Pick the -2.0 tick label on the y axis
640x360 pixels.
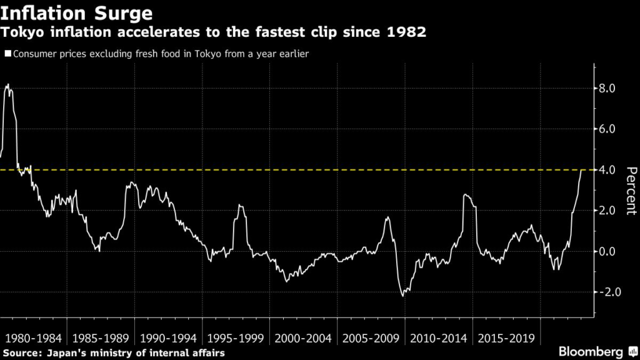point(605,292)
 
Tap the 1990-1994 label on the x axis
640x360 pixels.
point(167,339)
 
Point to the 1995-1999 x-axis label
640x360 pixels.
point(234,339)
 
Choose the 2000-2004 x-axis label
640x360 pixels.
point(302,339)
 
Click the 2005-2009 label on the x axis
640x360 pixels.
point(371,339)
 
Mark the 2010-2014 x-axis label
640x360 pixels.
point(437,339)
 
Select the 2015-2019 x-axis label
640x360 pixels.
point(506,339)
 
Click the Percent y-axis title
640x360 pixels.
point(630,191)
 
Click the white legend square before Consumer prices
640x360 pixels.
point(8,54)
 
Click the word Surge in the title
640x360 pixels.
point(130,12)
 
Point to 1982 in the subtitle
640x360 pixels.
point(406,32)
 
